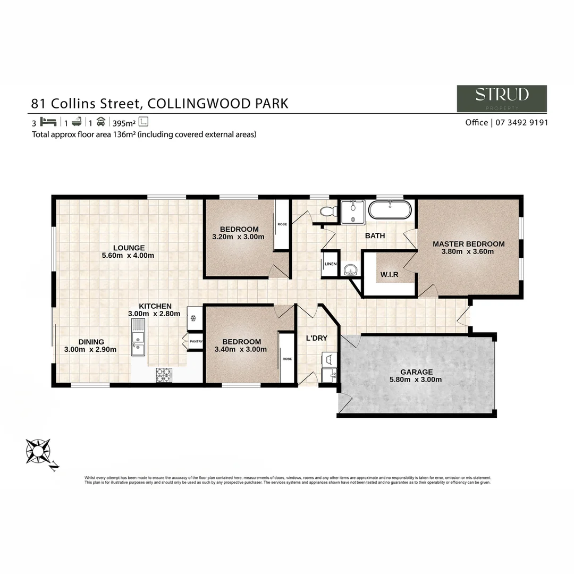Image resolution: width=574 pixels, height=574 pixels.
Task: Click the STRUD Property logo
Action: [x=501, y=98]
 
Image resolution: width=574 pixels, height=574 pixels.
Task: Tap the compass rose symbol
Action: [x=39, y=451]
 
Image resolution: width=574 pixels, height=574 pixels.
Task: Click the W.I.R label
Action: [x=390, y=275]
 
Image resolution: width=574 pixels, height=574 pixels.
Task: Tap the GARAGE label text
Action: [x=417, y=372]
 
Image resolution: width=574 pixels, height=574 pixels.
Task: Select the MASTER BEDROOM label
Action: [x=468, y=244]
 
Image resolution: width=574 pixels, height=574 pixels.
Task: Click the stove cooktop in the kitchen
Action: [x=163, y=375]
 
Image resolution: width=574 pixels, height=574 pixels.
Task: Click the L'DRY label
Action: [x=316, y=338]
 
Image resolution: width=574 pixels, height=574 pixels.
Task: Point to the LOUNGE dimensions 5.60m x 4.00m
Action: [x=128, y=256]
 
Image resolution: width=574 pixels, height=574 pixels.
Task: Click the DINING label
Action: [x=91, y=342]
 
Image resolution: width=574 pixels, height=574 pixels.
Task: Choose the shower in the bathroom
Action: [x=352, y=212]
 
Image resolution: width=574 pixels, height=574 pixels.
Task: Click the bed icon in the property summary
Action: [x=48, y=122]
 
